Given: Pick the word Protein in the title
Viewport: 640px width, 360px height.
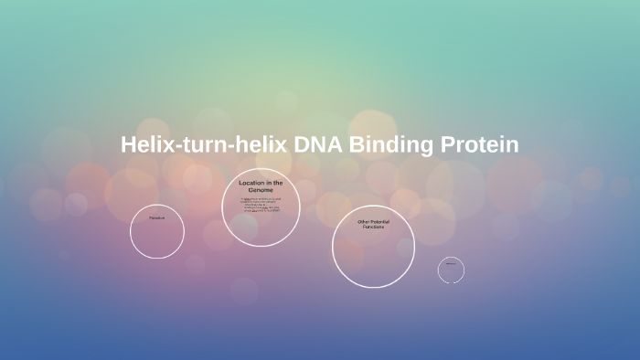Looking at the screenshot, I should pos(481,145).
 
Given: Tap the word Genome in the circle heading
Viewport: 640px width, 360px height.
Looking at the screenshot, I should pos(261,190).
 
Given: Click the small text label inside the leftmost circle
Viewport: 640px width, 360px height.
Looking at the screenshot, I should pos(157,218).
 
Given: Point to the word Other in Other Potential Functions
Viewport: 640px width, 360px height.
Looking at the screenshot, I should pos(364,221).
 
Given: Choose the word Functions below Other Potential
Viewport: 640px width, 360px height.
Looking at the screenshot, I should pos(373,227).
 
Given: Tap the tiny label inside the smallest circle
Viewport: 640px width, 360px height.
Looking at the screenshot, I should pos(451,263).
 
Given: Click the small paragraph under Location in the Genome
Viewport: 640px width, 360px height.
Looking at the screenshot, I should pos(261,205).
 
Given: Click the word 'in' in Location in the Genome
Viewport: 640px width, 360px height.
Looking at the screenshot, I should pos(270,183).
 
